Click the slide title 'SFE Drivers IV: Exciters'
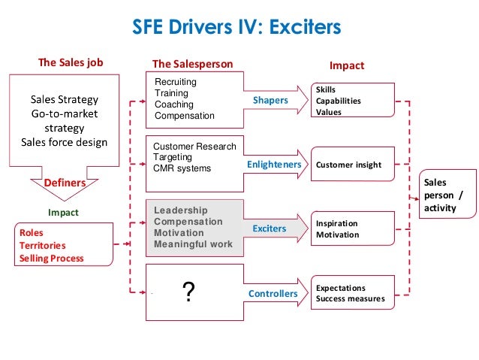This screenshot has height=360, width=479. point(236,29)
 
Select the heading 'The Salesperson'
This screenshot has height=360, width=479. point(193,65)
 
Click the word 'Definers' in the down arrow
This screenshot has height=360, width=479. point(65,183)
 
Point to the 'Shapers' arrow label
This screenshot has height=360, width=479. point(270,99)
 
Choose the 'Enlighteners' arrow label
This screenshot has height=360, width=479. point(274,163)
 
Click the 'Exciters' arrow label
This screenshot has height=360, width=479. point(270,228)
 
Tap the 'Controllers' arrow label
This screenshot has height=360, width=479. point(273,293)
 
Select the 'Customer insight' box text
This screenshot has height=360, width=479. point(348,165)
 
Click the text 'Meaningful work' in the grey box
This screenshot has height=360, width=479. point(193,244)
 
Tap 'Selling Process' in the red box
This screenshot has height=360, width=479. point(52,259)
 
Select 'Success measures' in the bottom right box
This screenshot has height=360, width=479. point(350,299)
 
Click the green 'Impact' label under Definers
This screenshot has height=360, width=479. point(63,213)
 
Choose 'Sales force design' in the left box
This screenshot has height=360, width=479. point(64,143)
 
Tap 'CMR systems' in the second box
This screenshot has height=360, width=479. point(182,168)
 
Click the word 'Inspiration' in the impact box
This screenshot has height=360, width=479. point(336,223)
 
